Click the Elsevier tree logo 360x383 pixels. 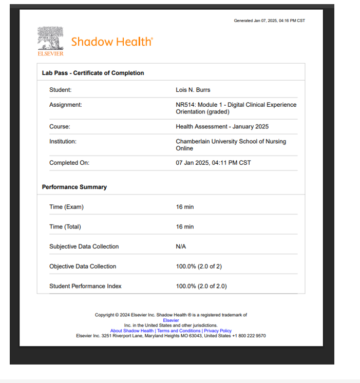(x=50, y=41)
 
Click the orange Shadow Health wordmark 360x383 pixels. (x=112, y=42)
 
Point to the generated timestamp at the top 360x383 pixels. (x=269, y=21)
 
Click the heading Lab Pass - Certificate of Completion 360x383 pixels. (x=93, y=73)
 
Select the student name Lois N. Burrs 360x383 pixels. (x=193, y=90)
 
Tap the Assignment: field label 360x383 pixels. (x=66, y=105)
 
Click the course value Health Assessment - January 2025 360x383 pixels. (x=222, y=126)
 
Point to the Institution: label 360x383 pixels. (x=63, y=141)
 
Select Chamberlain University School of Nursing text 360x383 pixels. (x=231, y=142)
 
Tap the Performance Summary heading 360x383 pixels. (x=74, y=187)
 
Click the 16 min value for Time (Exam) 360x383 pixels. (x=185, y=207)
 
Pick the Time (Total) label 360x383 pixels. (x=65, y=226)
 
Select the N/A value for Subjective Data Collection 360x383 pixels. (x=181, y=246)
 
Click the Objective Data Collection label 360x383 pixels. (x=83, y=266)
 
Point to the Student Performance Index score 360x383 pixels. (x=201, y=286)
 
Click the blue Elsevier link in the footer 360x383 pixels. (x=171, y=320)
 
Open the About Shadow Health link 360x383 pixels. (x=132, y=331)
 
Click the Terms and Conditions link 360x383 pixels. (x=179, y=331)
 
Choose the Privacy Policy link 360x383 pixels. (x=218, y=331)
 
